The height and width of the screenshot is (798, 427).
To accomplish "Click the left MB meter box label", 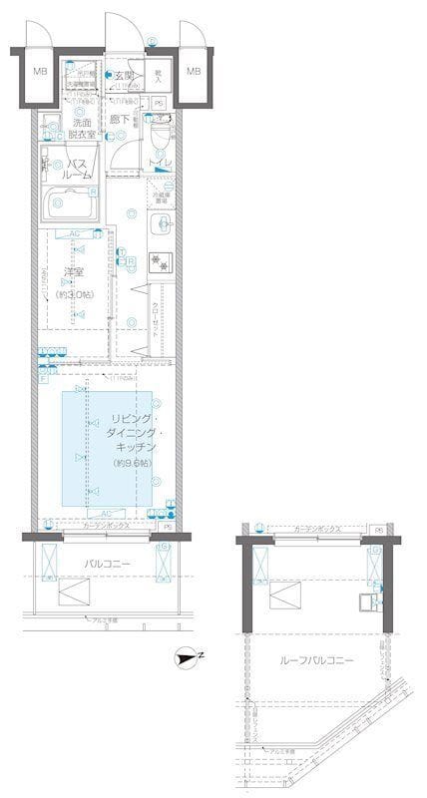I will [x=39, y=71].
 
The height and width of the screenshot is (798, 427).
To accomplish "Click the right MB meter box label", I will [x=193, y=71].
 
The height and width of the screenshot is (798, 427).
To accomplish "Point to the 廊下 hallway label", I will [x=120, y=121].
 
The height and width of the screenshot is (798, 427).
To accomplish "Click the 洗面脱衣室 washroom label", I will [x=74, y=128].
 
